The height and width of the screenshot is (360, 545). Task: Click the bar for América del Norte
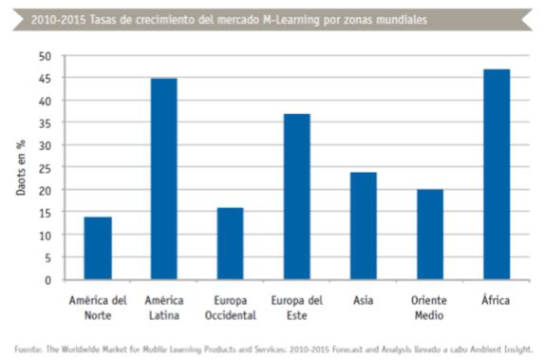pyautogui.click(x=97, y=249)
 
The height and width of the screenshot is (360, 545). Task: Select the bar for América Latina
pyautogui.click(x=163, y=180)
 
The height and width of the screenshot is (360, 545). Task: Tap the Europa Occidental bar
pyautogui.click(x=230, y=244)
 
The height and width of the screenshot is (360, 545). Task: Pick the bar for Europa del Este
pyautogui.click(x=296, y=197)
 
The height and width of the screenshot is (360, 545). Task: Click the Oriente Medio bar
pyautogui.click(x=429, y=235)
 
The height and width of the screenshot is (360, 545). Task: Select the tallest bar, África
pyautogui.click(x=496, y=175)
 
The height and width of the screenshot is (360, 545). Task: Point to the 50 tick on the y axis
pyautogui.click(x=44, y=56)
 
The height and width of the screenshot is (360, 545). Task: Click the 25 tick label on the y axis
pyautogui.click(x=44, y=168)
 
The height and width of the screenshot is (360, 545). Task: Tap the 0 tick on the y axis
pyautogui.click(x=47, y=280)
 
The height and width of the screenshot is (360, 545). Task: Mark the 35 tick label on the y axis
pyautogui.click(x=44, y=123)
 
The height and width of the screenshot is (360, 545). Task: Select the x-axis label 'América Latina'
pyautogui.click(x=163, y=306)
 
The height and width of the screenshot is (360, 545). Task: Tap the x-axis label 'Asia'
pyautogui.click(x=363, y=300)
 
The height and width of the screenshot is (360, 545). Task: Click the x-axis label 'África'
pyautogui.click(x=496, y=300)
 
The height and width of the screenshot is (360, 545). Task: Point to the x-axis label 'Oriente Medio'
pyautogui.click(x=429, y=306)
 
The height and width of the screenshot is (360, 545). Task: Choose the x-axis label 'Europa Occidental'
pyautogui.click(x=230, y=306)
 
